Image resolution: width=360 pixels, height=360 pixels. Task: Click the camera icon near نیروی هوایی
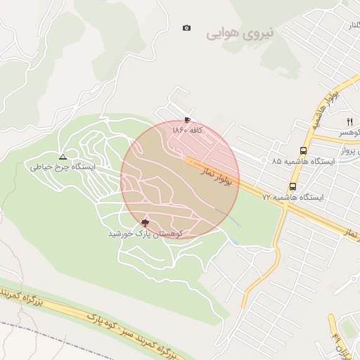point(186,28)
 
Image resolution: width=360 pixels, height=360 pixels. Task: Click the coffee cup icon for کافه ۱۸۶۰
point(187,120)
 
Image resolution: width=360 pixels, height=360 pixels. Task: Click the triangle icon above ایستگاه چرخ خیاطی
point(63,157)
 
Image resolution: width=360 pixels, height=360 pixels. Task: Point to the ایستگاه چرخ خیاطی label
point(63,167)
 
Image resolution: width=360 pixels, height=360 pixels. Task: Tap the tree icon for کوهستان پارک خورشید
point(146,221)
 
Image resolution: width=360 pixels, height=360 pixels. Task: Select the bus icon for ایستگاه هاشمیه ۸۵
point(303,150)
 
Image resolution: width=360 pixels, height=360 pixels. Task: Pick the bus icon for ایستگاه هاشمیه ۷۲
point(292,187)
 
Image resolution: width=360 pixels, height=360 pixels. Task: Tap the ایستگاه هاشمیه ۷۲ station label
point(292,198)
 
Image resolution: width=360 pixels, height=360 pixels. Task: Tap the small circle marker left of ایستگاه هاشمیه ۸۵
point(264,161)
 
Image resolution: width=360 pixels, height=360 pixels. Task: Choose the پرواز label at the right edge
point(352,150)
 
